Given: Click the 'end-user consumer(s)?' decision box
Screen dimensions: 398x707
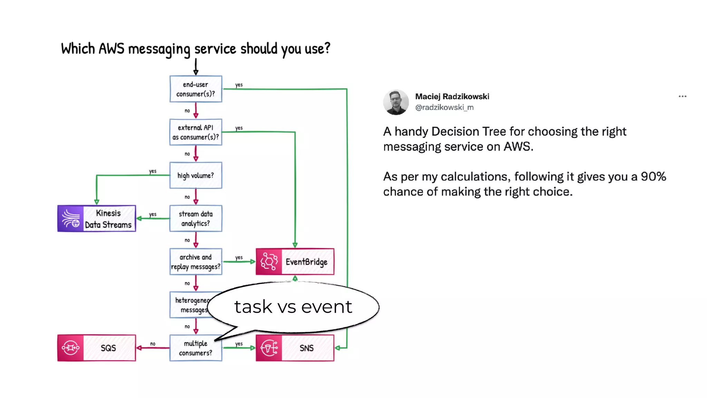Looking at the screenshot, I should click(196, 89).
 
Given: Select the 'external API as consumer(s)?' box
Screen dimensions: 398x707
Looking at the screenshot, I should click(196, 132).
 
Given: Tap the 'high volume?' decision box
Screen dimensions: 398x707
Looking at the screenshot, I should click(196, 176).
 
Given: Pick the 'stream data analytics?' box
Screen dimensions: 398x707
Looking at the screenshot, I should click(196, 219).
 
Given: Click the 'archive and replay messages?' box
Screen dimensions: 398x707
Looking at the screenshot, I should click(196, 262).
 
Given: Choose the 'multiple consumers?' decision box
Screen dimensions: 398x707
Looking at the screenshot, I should click(196, 348).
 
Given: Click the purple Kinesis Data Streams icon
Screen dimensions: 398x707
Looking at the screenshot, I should click(71, 219).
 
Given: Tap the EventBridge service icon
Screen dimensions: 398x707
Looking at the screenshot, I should click(269, 262).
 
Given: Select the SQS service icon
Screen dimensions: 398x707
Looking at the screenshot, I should click(71, 348).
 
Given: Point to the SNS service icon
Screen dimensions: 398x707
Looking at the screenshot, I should click(269, 348).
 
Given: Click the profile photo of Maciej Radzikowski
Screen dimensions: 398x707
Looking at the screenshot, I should click(396, 102).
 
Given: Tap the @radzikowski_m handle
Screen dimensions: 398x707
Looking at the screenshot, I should click(444, 107).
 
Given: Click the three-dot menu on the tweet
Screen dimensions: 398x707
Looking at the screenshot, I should click(682, 96).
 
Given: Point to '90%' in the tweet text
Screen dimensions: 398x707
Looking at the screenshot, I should click(653, 177).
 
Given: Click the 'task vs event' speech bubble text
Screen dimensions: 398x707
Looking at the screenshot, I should click(293, 307).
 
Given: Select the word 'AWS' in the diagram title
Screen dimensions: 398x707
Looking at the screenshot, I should click(111, 49).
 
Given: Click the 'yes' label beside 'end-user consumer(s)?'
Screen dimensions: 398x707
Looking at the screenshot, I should click(239, 85).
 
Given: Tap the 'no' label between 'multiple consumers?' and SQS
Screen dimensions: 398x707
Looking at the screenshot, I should click(153, 344).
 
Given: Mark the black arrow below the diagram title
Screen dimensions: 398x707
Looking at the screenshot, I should click(196, 66).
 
